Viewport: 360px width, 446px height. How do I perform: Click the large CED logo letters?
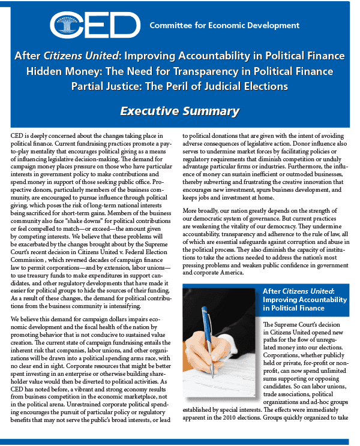tap(95, 25)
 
